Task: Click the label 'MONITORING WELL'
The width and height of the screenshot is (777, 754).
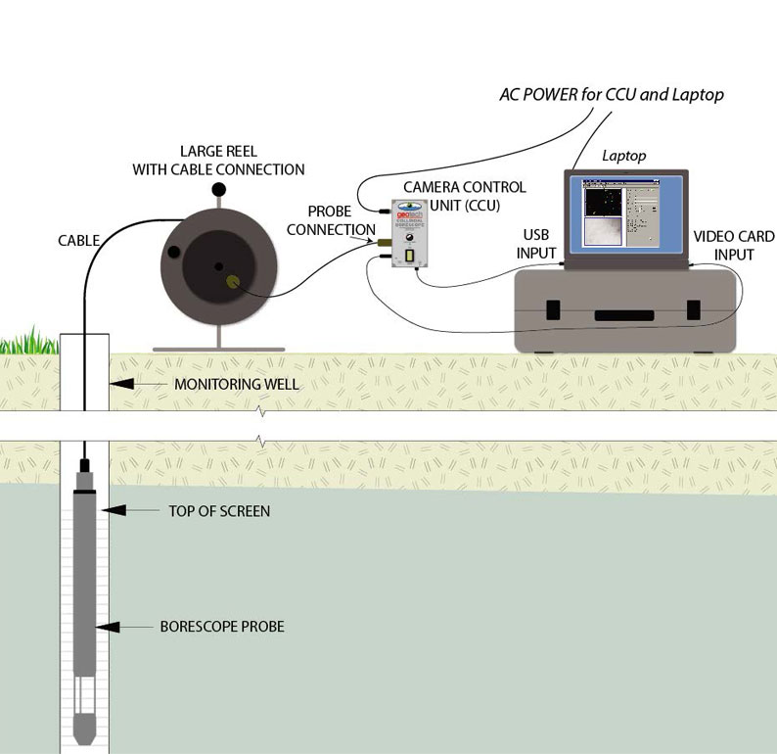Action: [236, 385]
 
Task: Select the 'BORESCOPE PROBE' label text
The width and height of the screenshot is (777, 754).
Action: [222, 626]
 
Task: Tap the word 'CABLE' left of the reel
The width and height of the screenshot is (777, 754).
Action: [79, 239]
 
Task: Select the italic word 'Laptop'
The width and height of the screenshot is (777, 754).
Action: [623, 156]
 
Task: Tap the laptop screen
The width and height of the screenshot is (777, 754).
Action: [626, 217]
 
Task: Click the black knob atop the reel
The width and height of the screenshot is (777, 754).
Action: [220, 188]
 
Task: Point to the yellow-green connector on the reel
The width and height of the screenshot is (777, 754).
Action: [233, 282]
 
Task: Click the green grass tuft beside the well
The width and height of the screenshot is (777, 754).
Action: [28, 343]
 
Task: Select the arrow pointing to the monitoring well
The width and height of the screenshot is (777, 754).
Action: [137, 385]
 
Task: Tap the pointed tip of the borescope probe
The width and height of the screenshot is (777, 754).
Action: [85, 733]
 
